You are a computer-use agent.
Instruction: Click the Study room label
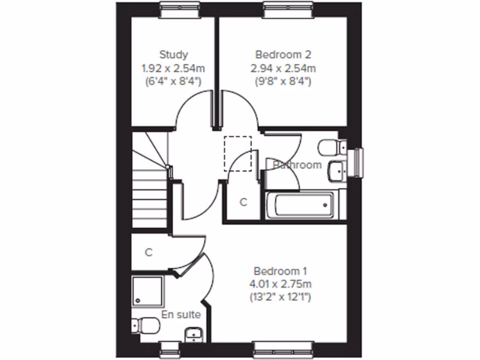pos(173,54)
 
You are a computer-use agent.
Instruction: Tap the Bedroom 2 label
pos(283,54)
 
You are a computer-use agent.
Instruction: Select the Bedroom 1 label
pos(280,271)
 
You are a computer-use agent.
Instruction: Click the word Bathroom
pos(298,165)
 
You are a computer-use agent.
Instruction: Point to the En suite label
pos(181,315)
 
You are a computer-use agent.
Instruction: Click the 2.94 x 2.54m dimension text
pos(283,68)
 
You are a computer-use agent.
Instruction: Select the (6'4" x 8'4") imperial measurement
pos(173,81)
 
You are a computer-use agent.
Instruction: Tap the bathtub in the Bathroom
pos(300,205)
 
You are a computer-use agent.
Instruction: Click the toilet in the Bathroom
pos(330,148)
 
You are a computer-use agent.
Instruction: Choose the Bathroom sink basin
pos(336,171)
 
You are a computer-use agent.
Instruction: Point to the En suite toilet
pos(146,324)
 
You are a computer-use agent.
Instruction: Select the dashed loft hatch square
pos(238,153)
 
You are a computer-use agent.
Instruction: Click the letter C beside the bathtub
pos(243,202)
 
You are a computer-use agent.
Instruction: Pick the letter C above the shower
pos(149,253)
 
